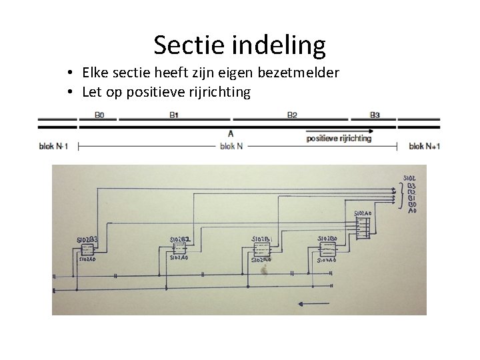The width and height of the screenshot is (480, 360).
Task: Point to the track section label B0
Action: pyautogui.click(x=99, y=115)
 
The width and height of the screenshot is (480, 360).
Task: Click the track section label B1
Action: pyautogui.click(x=173, y=115)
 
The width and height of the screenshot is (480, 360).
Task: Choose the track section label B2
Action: pyautogui.click(x=292, y=115)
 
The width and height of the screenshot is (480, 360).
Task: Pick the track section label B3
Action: pyautogui.click(x=375, y=115)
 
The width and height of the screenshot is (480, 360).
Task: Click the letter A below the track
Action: pyautogui.click(x=231, y=133)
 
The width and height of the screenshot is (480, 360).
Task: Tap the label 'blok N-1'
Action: pyautogui.click(x=53, y=146)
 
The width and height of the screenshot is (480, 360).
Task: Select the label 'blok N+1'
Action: pyautogui.click(x=425, y=146)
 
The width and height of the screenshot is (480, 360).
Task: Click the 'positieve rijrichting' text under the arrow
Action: pyautogui.click(x=339, y=139)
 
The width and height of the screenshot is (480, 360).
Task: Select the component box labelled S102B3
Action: pyautogui.click(x=88, y=249)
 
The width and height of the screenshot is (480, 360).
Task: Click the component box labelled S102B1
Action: pyautogui.click(x=261, y=249)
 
